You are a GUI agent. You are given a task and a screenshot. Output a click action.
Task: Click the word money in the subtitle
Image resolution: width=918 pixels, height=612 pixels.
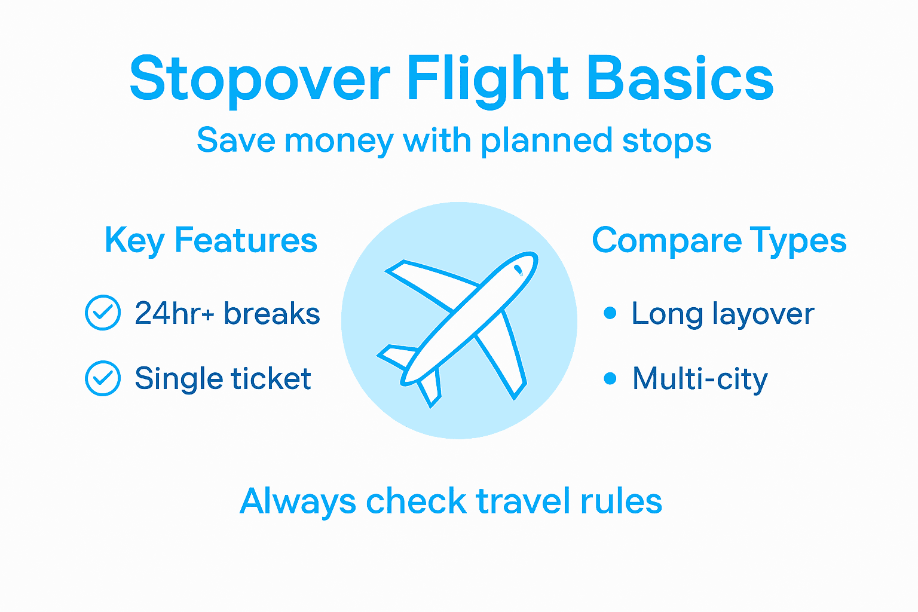point(338,142)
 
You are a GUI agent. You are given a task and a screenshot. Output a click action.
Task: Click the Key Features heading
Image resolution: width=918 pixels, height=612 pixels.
point(210,241)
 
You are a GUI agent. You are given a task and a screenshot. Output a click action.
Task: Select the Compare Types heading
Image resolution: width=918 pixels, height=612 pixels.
point(719,241)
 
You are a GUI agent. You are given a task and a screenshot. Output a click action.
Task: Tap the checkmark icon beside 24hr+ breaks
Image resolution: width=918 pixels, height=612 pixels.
point(103,313)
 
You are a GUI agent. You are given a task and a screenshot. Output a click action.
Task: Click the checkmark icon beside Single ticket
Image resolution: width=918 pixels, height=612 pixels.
point(103,378)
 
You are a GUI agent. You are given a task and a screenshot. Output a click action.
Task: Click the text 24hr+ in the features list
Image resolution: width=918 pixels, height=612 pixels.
point(174,313)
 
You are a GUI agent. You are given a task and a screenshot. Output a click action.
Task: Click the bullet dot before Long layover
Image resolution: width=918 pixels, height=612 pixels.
point(610,313)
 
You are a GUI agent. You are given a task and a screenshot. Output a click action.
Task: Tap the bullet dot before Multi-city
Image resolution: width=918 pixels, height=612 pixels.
point(610,378)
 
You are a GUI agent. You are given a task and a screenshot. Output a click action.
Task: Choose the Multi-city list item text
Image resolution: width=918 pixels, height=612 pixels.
point(700,379)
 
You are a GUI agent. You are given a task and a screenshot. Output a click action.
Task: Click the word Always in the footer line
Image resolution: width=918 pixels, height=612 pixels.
point(298,501)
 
